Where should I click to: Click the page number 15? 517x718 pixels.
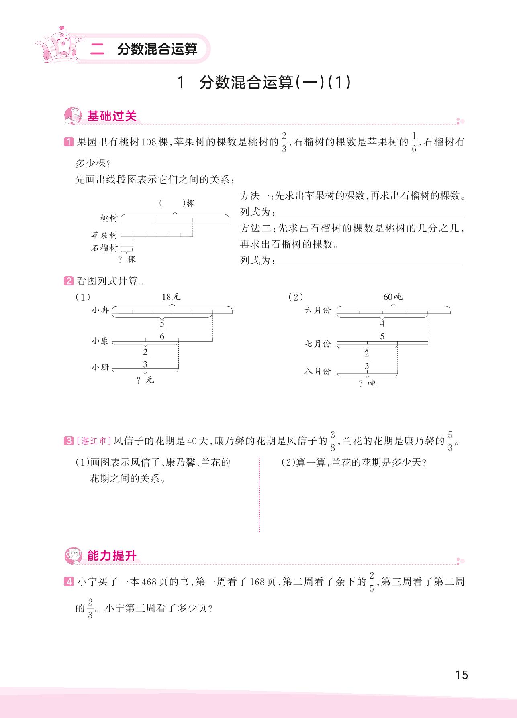click(462, 675)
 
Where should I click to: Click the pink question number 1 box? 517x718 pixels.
click(69, 142)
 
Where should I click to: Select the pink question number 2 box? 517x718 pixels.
click(69, 281)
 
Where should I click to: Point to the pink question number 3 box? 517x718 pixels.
click(69, 441)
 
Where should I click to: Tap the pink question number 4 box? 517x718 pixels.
click(69, 582)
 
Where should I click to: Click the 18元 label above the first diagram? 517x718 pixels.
click(172, 297)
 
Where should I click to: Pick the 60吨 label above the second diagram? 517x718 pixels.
click(392, 297)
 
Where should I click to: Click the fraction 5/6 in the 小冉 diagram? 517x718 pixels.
click(162, 330)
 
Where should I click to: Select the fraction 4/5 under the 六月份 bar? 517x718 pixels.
click(382, 330)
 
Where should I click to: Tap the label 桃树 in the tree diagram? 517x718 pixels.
click(109, 219)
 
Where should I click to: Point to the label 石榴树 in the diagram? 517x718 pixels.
click(104, 248)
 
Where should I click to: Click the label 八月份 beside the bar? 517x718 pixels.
click(317, 372)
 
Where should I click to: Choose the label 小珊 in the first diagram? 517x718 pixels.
click(100, 368)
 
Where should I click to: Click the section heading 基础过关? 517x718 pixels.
click(112, 116)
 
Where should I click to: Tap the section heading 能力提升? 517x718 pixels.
click(112, 556)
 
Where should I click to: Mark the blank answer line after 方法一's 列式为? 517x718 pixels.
click(370, 213)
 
